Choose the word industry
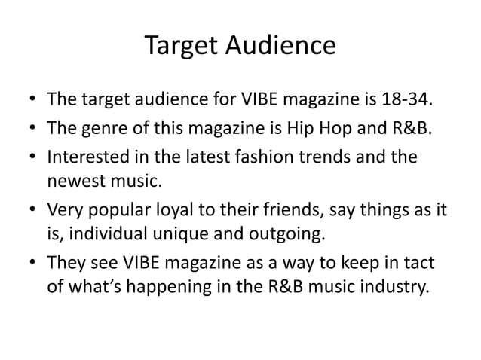tap(399, 289)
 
